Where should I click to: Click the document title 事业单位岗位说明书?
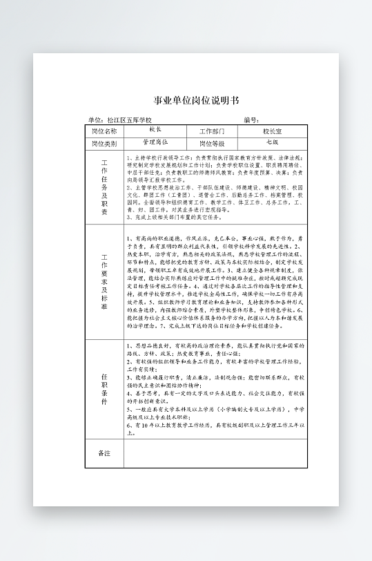pyautogui.click(x=195, y=100)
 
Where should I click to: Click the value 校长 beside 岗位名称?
pyautogui.click(x=155, y=130)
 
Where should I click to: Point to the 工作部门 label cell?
pyautogui.click(x=212, y=131)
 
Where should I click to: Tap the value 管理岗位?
pyautogui.click(x=155, y=142)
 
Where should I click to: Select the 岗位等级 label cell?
pyautogui.click(x=212, y=144)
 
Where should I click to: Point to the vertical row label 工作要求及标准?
pyautogui.click(x=104, y=282)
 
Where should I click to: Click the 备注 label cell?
pyautogui.click(x=104, y=454)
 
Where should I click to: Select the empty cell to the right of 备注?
pyautogui.click(x=215, y=454)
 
